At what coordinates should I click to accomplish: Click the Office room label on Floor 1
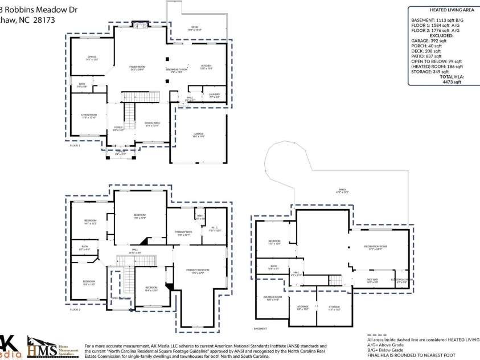click(92, 58)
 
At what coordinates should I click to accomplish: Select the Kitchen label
click(206, 67)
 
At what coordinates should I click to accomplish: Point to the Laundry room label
click(214, 95)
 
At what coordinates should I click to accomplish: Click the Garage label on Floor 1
click(198, 135)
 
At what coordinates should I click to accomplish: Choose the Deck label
click(195, 28)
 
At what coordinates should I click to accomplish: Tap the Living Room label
click(89, 116)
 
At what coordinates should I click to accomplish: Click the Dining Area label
click(152, 124)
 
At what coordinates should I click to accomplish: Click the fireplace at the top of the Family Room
click(140, 24)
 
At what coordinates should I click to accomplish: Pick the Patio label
click(342, 191)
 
